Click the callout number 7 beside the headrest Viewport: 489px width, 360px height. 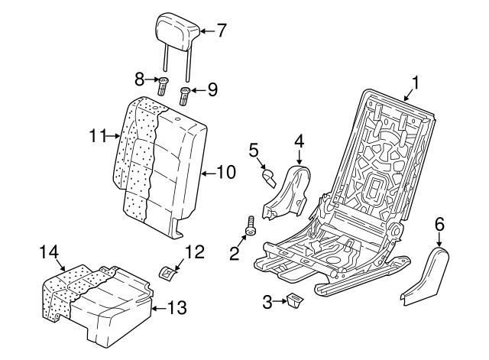pos(221,31)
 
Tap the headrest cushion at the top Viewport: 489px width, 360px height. pos(177,31)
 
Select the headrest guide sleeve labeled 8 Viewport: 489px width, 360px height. pos(162,86)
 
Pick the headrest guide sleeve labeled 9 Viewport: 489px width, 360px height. pos(184,96)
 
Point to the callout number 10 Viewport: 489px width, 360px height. pos(226,172)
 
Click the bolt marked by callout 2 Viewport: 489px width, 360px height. pos(250,225)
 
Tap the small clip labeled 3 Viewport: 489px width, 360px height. pos(295,300)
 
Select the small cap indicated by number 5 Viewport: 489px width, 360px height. pos(269,178)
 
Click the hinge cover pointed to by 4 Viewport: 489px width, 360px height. pos(287,192)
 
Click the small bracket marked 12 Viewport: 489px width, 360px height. pos(167,272)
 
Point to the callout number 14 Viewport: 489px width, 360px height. pos(49,251)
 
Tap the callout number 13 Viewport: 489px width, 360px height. pos(176,307)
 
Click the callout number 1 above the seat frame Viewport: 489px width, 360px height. pos(415,83)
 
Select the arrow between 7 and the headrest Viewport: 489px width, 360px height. pos(206,31)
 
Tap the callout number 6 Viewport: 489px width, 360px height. pos(439,225)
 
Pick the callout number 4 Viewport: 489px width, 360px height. pos(299,141)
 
